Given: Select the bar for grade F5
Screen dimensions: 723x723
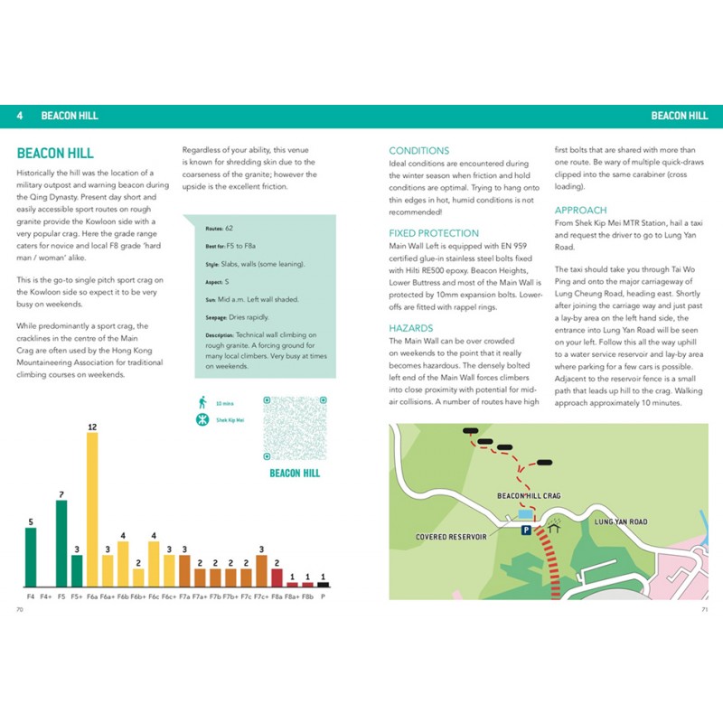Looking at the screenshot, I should [x=61, y=543].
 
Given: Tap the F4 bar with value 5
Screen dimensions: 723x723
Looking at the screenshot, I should [x=31, y=557].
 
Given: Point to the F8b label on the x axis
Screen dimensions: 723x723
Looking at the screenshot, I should [x=307, y=596].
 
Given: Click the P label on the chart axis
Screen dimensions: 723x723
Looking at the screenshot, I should [x=323, y=596].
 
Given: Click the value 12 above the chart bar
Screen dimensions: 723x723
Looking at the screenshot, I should [x=91, y=426].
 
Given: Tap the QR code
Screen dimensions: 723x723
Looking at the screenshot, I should [x=293, y=428].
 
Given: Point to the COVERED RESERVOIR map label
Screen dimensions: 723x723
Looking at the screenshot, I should [x=451, y=537].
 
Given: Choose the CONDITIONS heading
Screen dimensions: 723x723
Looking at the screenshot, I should [x=418, y=150].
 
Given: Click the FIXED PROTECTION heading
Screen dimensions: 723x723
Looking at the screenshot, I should [x=435, y=233].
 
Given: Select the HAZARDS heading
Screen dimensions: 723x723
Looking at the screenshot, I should [x=412, y=328].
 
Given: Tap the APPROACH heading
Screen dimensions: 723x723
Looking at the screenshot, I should [x=580, y=210].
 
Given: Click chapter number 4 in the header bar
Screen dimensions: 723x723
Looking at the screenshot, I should [x=20, y=116].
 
